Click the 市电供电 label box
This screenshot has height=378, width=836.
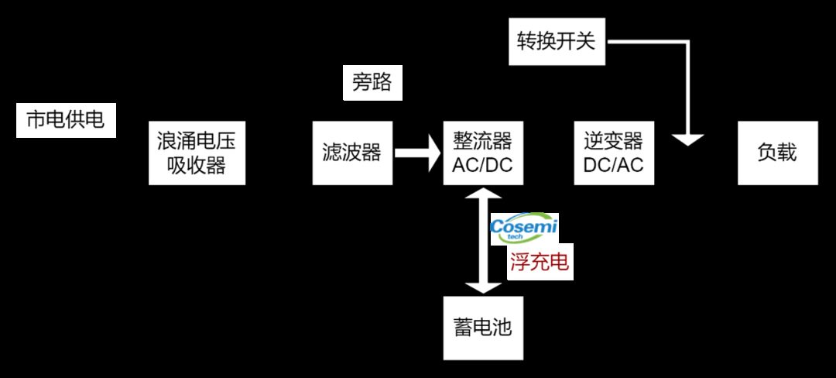coord(66,121)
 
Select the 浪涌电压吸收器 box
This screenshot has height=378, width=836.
coord(197,153)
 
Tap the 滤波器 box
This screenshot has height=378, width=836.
coord(351,153)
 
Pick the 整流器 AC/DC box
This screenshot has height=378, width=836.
coord(482,153)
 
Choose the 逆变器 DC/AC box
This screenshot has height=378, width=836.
coord(613,153)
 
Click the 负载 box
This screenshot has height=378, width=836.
coord(777,153)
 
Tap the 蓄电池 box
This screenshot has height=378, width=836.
coord(482,328)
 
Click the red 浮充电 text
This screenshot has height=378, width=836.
coord(540,263)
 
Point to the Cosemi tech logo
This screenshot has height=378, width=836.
coord(524,229)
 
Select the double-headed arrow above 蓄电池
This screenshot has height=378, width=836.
coord(482,240)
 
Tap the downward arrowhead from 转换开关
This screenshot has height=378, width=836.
coord(687,139)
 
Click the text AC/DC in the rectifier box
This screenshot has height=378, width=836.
coord(482,165)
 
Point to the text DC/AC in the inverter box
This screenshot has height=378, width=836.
coord(613,165)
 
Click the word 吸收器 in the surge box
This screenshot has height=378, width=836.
coord(197,165)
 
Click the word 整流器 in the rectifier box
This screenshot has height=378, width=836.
coord(482,141)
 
